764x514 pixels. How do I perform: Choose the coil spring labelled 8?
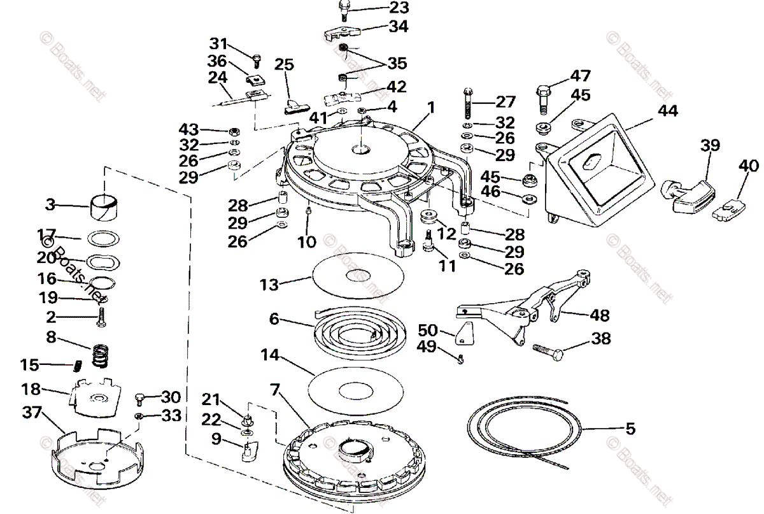point(99,355)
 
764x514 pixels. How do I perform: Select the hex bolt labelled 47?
point(546,95)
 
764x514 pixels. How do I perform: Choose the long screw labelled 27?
point(468,102)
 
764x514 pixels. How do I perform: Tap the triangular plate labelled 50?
point(465,332)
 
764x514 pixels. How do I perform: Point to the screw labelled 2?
point(101,318)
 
